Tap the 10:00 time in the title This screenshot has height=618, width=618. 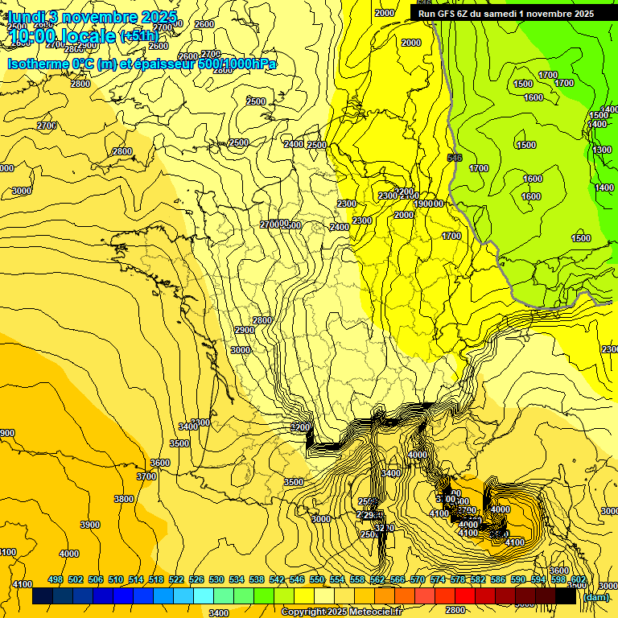click(36, 36)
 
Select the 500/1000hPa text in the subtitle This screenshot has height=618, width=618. click(232, 64)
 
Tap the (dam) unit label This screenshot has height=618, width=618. click(596, 597)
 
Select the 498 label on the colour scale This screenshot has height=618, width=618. click(56, 579)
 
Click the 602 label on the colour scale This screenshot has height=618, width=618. click(579, 579)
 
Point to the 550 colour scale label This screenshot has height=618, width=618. click(317, 579)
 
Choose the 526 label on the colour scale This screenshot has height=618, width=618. click(196, 579)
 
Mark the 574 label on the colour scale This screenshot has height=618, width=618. click(438, 579)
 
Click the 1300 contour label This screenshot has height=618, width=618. click(602, 150)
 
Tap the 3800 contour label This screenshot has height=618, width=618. click(124, 499)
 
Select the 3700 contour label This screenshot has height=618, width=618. click(146, 476)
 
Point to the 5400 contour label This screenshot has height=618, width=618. click(391, 473)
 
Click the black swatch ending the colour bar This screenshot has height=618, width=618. click(566, 597)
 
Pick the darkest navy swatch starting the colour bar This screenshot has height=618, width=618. click(43, 597)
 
